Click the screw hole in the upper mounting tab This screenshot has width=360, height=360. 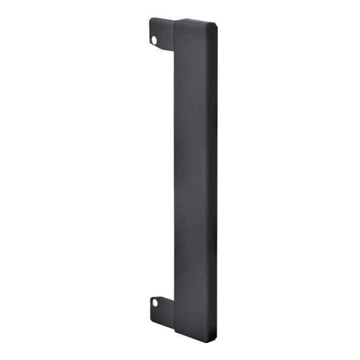[154, 40]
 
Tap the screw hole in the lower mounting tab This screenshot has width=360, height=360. [155, 302]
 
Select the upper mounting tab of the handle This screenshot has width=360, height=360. [161, 34]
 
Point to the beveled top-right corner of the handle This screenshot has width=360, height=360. [212, 23]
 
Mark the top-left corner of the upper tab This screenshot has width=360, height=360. [150, 19]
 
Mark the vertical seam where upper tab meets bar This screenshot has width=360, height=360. [174, 36]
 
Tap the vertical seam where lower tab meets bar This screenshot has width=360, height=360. [174, 309]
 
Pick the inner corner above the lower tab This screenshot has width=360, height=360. [173, 294]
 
